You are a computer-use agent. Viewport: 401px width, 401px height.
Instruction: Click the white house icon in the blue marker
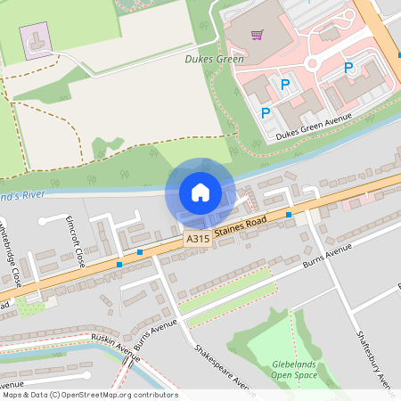tap(200, 192)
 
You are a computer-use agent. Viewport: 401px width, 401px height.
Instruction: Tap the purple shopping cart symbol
tap(258, 36)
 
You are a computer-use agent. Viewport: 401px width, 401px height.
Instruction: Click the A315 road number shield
tap(197, 240)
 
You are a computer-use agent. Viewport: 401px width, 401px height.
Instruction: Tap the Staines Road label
tap(241, 232)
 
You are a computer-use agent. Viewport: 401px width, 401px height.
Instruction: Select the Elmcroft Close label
tap(75, 241)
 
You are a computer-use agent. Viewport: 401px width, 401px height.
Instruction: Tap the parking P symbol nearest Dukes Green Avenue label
tap(266, 113)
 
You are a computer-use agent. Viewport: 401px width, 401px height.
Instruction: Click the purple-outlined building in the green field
tap(36, 43)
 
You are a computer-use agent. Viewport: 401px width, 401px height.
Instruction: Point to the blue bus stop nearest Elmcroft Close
tap(119, 264)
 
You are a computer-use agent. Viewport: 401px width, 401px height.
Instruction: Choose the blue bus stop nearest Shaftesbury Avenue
tap(289, 214)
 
